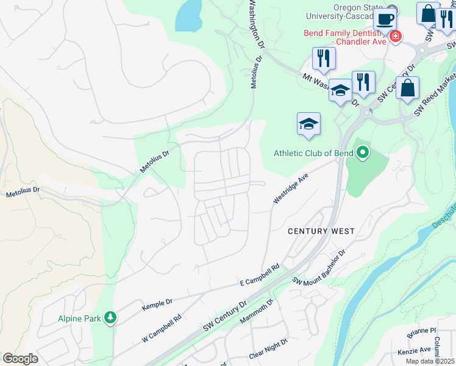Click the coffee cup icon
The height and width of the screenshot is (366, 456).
click(x=384, y=18)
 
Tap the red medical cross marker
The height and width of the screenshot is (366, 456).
click(x=396, y=37)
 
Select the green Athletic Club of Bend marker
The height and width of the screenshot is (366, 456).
click(x=363, y=152)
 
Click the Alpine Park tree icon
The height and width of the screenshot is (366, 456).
click(x=110, y=318)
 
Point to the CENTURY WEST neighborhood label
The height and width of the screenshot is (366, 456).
click(x=321, y=231)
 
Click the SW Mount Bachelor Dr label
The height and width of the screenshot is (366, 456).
click(x=319, y=267)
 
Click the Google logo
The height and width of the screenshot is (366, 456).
click(x=20, y=358)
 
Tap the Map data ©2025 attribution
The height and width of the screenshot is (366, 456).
click(x=429, y=361)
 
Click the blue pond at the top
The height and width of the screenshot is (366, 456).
click(x=189, y=15)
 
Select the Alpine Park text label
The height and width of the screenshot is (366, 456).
click(x=79, y=318)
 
